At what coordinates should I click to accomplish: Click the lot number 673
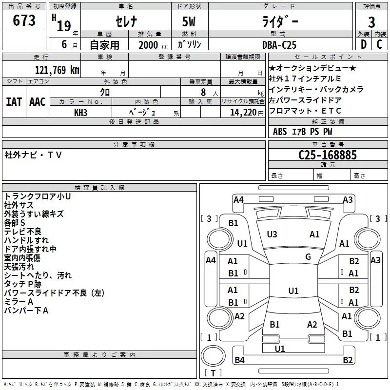click(24, 20)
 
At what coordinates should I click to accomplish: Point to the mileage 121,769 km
click(57, 70)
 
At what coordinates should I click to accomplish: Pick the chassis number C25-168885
click(328, 155)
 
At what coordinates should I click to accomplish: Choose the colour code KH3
click(81, 112)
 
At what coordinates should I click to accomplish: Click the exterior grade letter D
click(363, 44)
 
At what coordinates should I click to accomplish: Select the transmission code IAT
click(14, 102)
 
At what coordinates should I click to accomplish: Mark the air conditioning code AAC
click(38, 102)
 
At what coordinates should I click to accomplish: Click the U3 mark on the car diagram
click(272, 234)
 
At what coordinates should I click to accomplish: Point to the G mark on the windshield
click(308, 257)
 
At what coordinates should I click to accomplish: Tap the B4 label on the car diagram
click(239, 360)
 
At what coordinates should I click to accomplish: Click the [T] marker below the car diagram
click(213, 373)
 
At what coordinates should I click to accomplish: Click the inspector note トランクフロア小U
click(38, 196)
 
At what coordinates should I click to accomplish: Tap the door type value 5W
click(190, 22)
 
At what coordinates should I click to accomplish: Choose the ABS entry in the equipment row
click(280, 132)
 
